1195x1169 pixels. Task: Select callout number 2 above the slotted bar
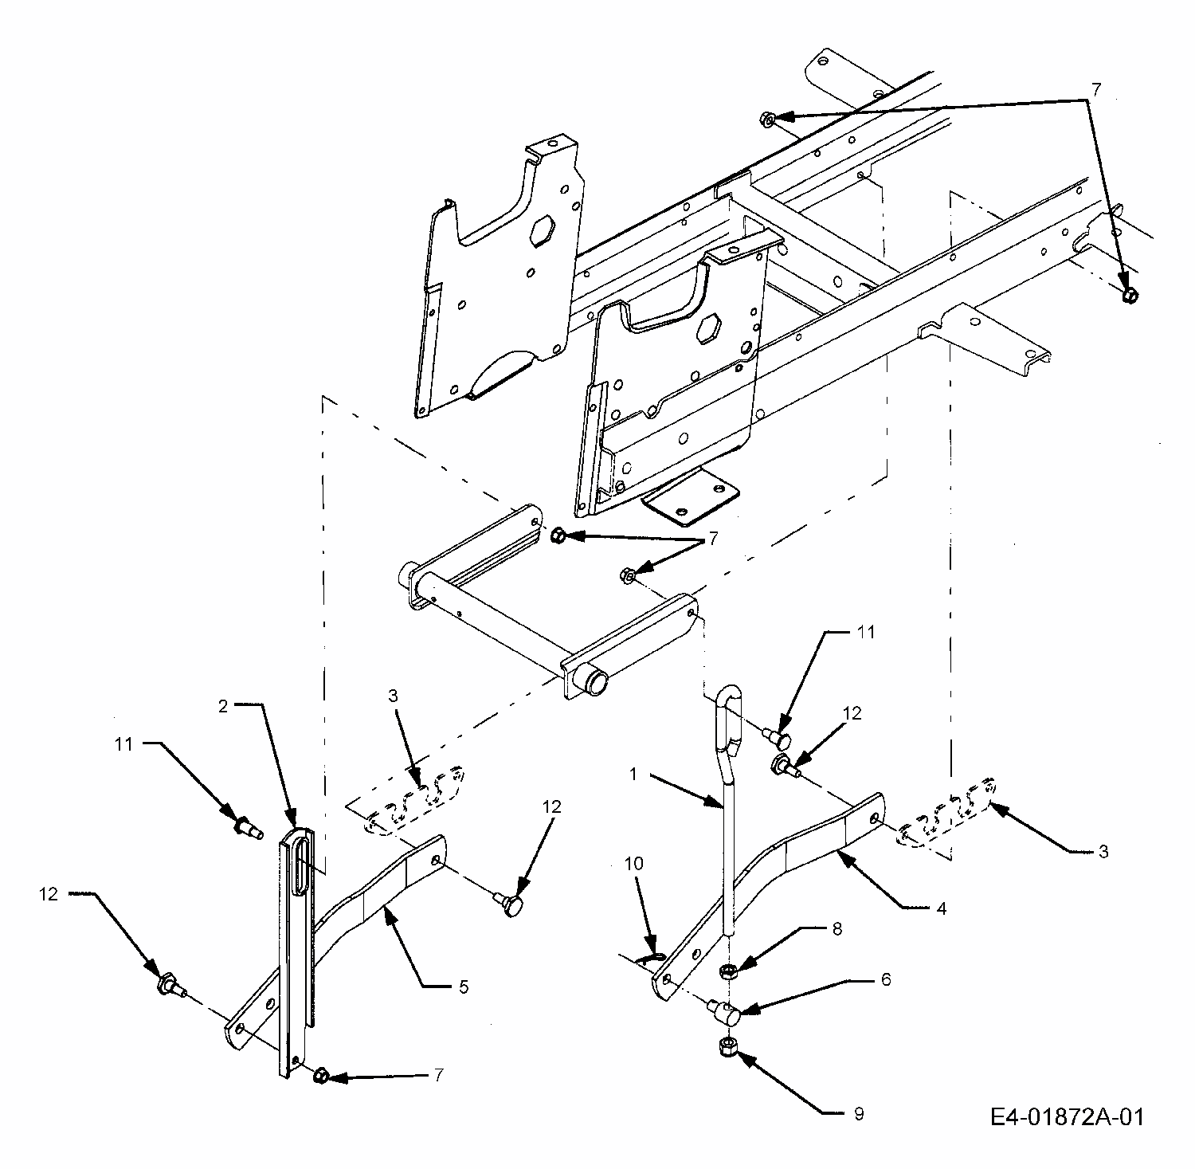[x=225, y=705]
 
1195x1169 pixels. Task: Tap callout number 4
[x=941, y=908]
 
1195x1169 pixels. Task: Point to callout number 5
[x=464, y=987]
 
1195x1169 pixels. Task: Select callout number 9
[x=858, y=1114]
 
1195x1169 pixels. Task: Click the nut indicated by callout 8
[x=727, y=971]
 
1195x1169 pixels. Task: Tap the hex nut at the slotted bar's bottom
[x=320, y=1076]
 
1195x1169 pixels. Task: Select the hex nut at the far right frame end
[x=1129, y=296]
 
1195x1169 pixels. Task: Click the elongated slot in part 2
[x=298, y=874]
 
